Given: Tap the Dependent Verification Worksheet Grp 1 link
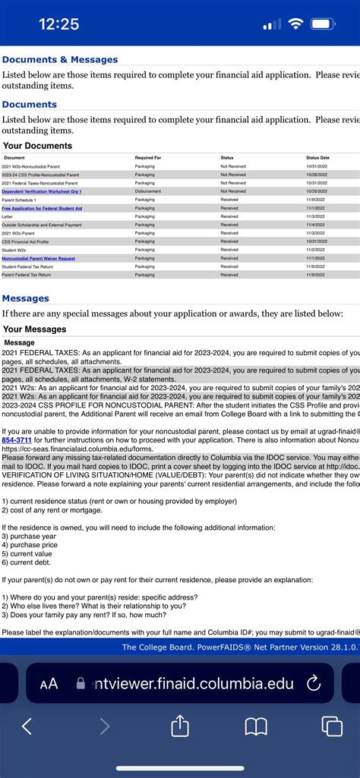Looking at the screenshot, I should (x=41, y=191).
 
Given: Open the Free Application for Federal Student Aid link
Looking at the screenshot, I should (x=42, y=208).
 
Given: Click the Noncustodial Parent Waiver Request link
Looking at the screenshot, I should (x=38, y=258).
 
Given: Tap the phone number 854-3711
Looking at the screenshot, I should (x=17, y=439).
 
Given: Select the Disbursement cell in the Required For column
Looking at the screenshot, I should (x=147, y=191).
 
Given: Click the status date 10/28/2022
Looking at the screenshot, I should (x=317, y=175).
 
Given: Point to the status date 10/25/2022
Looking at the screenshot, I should (x=317, y=191).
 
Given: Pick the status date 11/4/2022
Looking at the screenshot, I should (x=317, y=225).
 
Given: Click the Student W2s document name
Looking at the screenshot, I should (x=14, y=250).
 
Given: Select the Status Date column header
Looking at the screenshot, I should (x=317, y=157).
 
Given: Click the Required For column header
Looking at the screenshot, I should (x=148, y=157).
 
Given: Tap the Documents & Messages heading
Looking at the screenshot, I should (x=60, y=59).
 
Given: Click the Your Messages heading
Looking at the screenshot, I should (x=35, y=329).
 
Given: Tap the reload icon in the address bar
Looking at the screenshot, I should (x=313, y=684).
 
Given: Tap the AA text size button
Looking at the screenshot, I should (x=49, y=684).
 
